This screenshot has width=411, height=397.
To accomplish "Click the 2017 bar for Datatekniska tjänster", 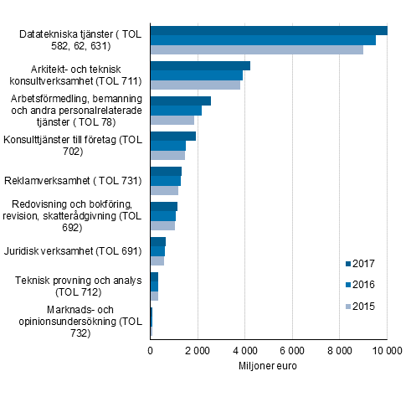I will (268, 30).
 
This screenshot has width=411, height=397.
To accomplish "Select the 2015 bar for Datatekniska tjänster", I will (256, 49).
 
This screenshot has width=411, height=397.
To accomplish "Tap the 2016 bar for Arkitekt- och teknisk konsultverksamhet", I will (196, 75).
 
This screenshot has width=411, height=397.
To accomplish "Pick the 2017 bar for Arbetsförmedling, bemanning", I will (180, 101).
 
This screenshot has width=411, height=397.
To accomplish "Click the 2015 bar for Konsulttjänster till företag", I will (167, 155).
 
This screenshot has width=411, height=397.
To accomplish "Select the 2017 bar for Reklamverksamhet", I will (166, 171).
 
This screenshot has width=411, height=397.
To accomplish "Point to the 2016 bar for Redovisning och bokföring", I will (162, 216).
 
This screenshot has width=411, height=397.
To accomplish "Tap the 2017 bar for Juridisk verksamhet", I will (157, 242).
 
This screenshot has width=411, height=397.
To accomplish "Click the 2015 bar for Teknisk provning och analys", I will (154, 296).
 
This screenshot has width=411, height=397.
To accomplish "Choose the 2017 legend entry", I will (359, 263).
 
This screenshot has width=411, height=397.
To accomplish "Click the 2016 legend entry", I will (359, 284).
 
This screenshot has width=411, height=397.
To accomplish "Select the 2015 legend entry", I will (359, 306).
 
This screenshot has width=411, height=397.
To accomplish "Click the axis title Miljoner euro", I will (268, 366).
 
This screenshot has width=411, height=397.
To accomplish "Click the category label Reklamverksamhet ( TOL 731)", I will (73, 180).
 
